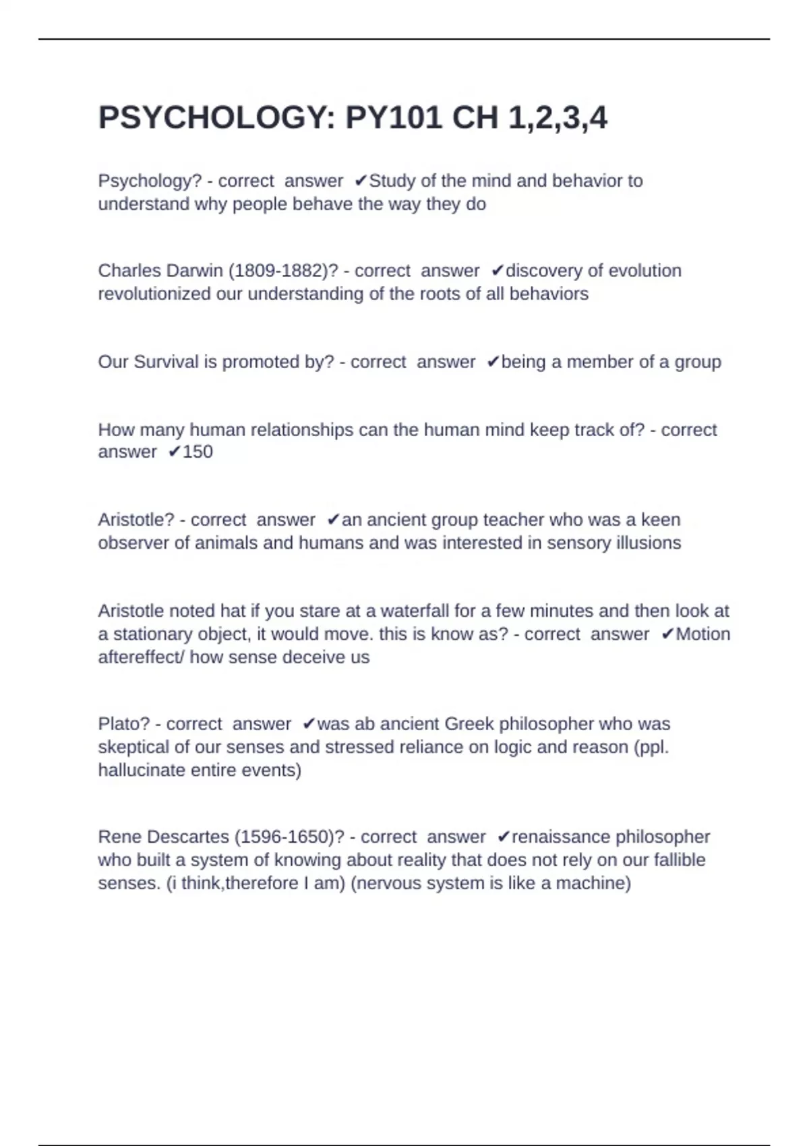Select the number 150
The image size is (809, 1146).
point(198,452)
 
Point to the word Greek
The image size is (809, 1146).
point(469,724)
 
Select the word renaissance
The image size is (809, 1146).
point(562,837)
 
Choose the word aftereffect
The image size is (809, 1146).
point(138,657)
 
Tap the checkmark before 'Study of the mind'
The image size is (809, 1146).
point(361,181)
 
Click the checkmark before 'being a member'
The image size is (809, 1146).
point(493,362)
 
